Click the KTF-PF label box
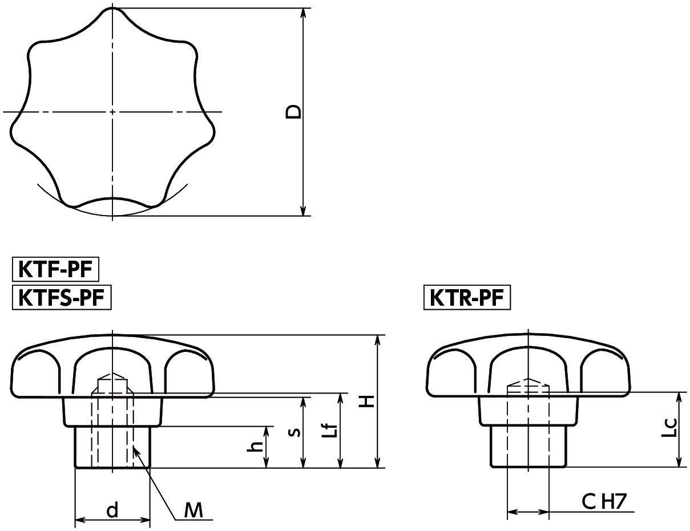pyautogui.click(x=55, y=269)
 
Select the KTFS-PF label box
pyautogui.click(x=62, y=298)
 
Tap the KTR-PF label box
pyautogui.click(x=467, y=298)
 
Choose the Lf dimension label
pyautogui.click(x=329, y=431)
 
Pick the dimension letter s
pyautogui.click(x=295, y=432)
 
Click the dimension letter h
pyautogui.click(x=256, y=447)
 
